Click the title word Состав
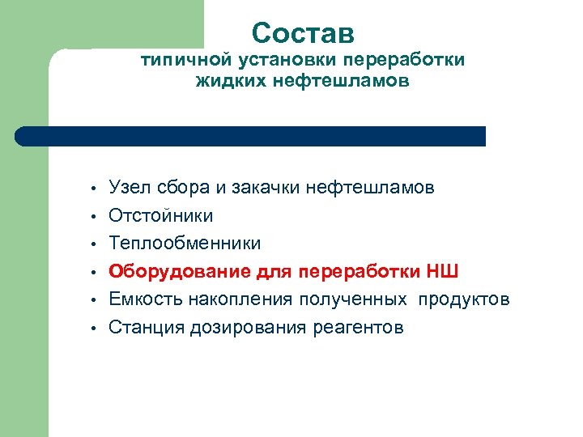303,33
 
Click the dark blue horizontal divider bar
251,136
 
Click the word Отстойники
161,216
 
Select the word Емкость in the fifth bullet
146,299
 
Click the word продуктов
464,299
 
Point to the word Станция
147,327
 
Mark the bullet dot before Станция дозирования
95,328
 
